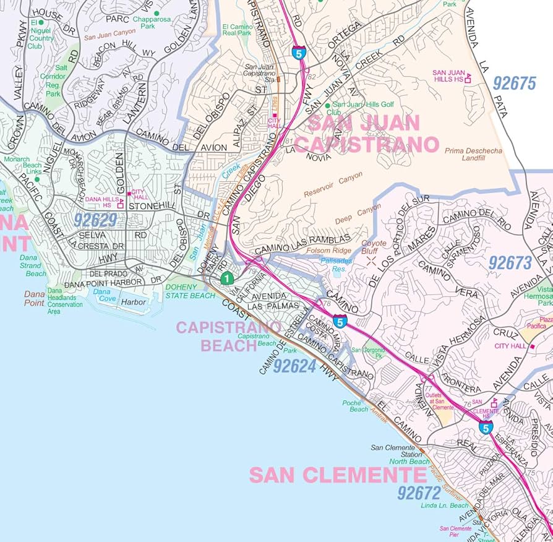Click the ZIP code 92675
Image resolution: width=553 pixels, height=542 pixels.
coord(514,84)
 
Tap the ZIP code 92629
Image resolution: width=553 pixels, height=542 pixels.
coord(95,220)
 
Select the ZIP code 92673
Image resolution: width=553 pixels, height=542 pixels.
coord(510,263)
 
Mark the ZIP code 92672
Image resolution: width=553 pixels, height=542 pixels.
coord(419,493)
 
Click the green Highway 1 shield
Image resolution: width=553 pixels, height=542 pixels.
coord(227,279)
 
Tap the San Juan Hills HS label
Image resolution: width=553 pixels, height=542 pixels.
coord(449,76)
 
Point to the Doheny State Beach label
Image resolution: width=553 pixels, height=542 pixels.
coord(190,292)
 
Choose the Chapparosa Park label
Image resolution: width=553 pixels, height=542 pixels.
coord(156,22)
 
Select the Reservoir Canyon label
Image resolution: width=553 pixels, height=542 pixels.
coord(333,186)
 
